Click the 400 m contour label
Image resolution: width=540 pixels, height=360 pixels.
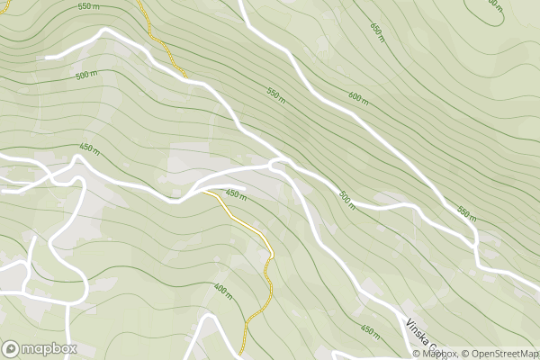[x=222, y=292]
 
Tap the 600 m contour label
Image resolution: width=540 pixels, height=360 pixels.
[x=358, y=97]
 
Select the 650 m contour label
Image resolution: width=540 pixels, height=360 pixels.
[x=377, y=29]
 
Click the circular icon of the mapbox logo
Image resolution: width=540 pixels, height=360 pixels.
[x=12, y=348]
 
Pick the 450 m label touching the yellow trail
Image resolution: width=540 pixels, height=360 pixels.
[x=236, y=193]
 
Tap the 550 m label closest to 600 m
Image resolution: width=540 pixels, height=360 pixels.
[x=275, y=93]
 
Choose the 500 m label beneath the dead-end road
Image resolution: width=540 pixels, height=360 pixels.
[x=86, y=76]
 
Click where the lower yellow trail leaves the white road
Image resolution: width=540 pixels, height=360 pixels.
[x=204, y=191]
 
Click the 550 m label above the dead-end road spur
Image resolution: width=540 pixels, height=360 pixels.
[x=88, y=6]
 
